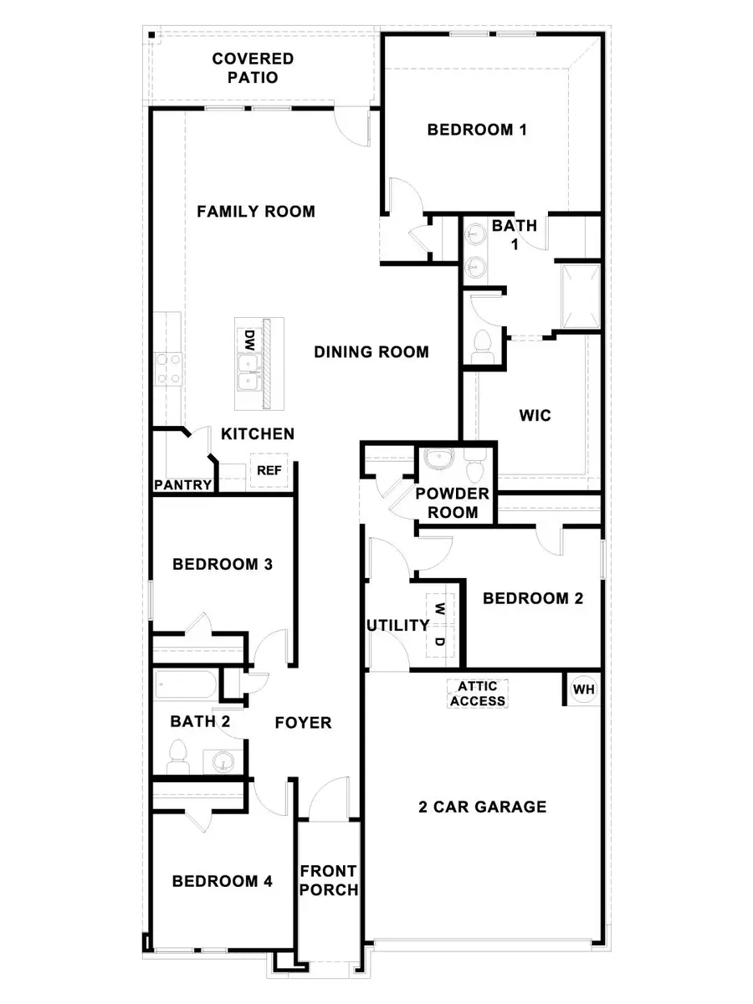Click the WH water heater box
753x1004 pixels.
point(584,689)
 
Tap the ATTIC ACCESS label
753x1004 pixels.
point(478,693)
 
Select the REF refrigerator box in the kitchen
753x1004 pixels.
point(269,471)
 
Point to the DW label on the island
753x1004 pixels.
point(248,340)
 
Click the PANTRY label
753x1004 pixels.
point(182,484)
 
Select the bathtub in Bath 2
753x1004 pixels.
point(186,686)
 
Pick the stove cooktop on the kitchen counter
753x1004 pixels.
point(169,368)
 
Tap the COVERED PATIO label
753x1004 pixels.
point(253,68)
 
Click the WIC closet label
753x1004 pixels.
point(535,415)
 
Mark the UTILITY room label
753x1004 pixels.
point(397,626)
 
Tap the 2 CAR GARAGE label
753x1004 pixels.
point(483,807)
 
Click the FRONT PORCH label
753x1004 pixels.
point(329,880)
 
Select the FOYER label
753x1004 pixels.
point(304,722)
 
